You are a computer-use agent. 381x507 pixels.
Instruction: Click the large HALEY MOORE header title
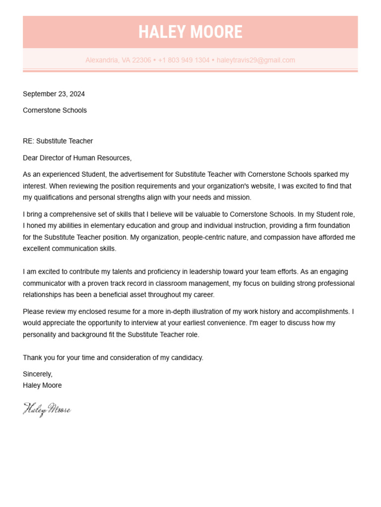point(190,32)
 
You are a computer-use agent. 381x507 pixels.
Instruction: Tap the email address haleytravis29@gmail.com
point(255,60)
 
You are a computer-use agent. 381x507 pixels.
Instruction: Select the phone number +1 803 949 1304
point(184,60)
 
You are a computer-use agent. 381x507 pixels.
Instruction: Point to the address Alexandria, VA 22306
point(118,60)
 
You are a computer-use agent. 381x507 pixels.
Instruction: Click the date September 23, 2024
point(54,94)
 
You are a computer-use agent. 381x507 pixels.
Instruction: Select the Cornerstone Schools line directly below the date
point(55,110)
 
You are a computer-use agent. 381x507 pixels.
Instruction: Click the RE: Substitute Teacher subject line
point(58,141)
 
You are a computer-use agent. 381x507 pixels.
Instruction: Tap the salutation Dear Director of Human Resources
point(77,158)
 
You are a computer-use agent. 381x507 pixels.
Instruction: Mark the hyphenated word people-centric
point(204,237)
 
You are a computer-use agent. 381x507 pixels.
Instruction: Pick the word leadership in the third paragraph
point(228,272)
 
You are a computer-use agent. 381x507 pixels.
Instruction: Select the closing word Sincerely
point(37,374)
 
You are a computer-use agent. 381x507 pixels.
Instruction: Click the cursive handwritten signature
point(47,409)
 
